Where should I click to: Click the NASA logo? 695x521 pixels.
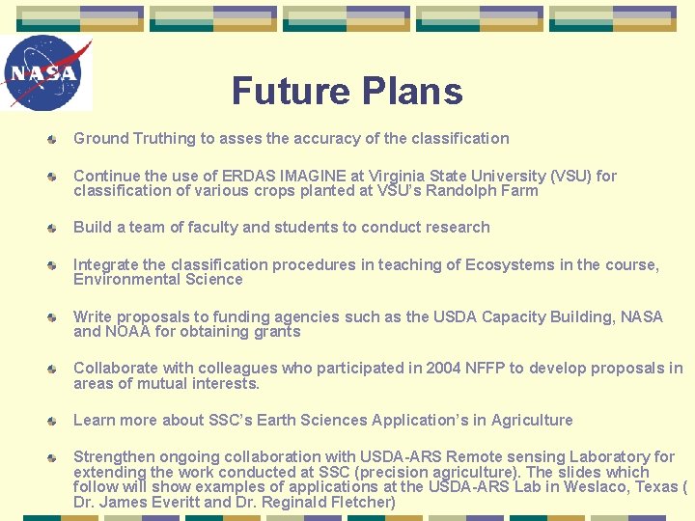pyautogui.click(x=46, y=73)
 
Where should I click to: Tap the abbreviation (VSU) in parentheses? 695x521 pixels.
pyautogui.click(x=570, y=176)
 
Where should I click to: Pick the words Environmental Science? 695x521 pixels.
pyautogui.click(x=158, y=279)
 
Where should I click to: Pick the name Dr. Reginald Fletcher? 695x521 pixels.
pyautogui.click(x=316, y=502)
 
